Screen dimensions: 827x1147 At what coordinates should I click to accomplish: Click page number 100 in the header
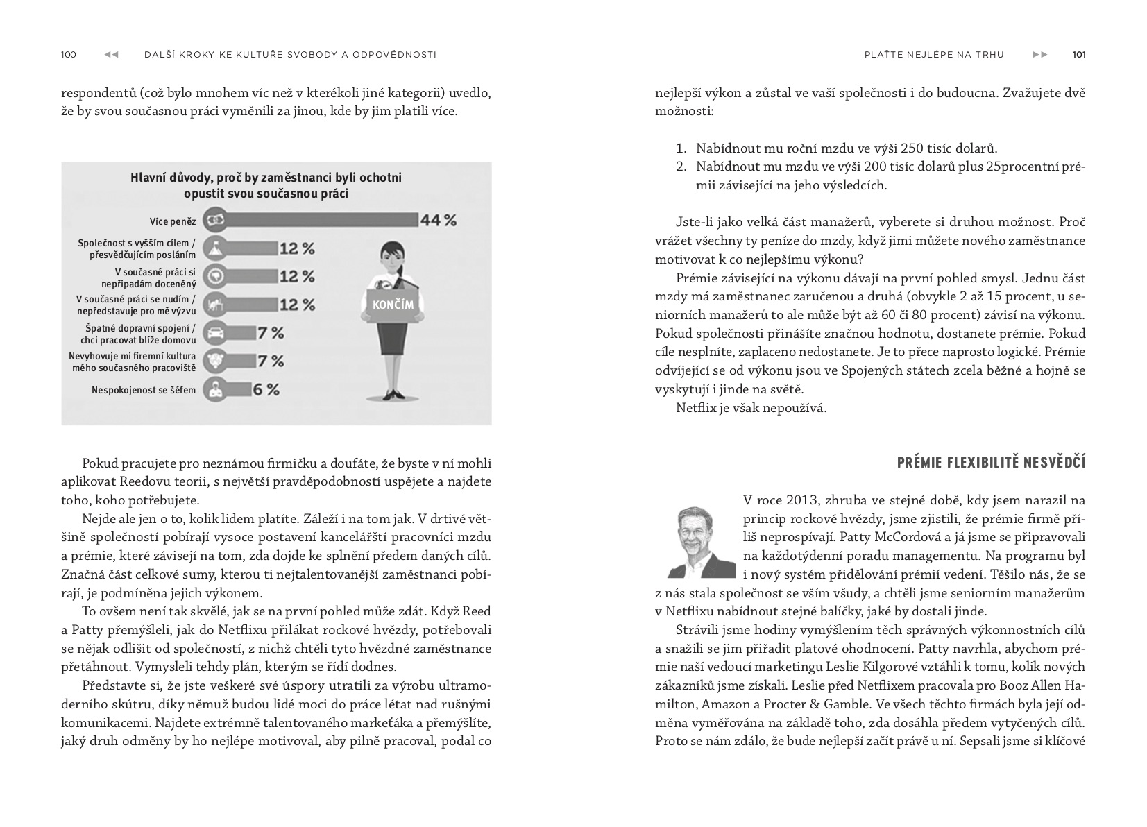[x=69, y=55]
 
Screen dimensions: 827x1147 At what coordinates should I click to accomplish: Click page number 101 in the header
[x=1078, y=55]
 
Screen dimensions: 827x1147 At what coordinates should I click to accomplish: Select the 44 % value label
[x=439, y=221]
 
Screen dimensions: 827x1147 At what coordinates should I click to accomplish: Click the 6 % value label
[x=266, y=390]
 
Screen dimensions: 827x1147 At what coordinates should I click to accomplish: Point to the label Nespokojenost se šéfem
[x=144, y=391]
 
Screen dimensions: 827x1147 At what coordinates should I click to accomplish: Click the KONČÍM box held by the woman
[x=393, y=305]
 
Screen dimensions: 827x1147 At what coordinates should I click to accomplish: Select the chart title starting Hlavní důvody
[x=266, y=185]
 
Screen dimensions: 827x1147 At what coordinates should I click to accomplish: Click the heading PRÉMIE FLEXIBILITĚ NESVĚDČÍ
[x=991, y=463]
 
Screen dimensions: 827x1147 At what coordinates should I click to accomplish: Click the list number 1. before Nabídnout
[x=681, y=148]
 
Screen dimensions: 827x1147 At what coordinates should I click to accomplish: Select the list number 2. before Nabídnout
[x=681, y=167]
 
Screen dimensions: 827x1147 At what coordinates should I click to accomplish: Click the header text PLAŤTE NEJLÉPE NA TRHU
[x=934, y=55]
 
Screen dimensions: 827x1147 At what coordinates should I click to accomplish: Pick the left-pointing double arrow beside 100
[x=111, y=55]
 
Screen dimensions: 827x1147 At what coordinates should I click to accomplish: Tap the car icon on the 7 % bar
[x=216, y=333]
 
